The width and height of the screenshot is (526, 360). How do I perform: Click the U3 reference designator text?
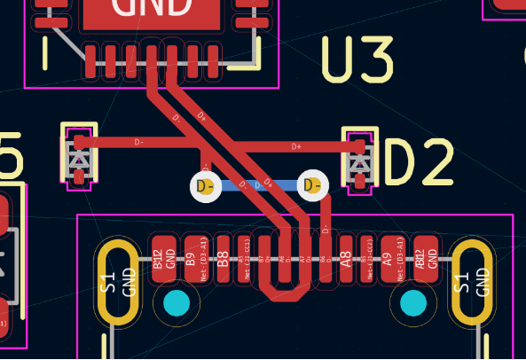point(357,60)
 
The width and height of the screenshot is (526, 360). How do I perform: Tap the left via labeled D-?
point(206,186)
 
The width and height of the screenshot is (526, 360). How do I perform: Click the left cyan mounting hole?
point(177,304)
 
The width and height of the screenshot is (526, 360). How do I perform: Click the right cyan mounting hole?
point(413,304)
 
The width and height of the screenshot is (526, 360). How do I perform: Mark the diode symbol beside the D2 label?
point(359,161)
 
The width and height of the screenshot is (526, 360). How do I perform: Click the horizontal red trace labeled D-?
point(133,141)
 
